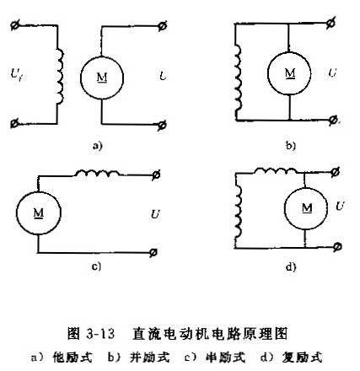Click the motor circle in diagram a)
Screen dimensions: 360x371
click(80, 78)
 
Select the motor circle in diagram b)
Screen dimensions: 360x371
click(267, 73)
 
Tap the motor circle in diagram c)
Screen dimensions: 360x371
click(16, 213)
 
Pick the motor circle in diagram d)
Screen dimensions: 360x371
click(284, 208)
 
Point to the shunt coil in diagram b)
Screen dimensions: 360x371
click(239, 78)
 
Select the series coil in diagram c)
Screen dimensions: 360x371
click(97, 173)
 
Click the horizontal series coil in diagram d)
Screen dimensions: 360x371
click(276, 170)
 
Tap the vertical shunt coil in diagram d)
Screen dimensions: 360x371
click(239, 212)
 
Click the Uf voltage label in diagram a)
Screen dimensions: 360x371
click(18, 75)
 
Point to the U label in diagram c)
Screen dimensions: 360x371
click(155, 215)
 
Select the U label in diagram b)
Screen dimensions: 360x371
click(332, 73)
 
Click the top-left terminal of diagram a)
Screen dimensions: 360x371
click(14, 25)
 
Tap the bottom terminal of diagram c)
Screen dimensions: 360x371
click(153, 253)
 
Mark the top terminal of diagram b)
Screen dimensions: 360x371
click(331, 23)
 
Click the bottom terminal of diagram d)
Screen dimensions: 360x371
click(337, 247)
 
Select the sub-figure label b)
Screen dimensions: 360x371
click(291, 146)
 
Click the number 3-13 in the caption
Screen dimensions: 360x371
click(100, 334)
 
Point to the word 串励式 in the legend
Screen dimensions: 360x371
click(226, 358)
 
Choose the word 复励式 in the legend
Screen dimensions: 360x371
click(302, 358)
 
